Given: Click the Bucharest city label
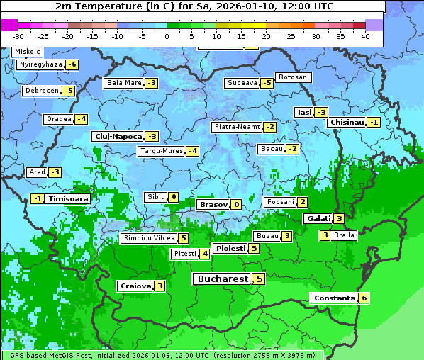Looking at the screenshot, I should point(222,279).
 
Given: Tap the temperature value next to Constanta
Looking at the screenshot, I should point(364,298).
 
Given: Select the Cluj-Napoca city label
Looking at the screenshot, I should point(118,136).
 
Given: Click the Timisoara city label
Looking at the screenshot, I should point(69,199).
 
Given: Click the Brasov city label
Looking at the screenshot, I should point(213,205).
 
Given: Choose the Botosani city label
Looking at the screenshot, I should point(293,77).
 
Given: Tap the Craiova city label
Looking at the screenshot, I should point(135,286).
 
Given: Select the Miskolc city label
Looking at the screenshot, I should point(28,52).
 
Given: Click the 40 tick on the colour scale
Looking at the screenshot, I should point(365,35).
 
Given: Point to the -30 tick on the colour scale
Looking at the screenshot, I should point(18,35).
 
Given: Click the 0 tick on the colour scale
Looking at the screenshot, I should point(167,35).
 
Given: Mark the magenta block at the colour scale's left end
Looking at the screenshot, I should point(9,25).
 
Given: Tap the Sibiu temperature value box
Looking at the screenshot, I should point(173,197).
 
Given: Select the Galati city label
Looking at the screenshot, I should point(318,219).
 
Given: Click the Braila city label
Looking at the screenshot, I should point(344,235).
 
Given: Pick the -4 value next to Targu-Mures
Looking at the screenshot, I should point(192,151).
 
